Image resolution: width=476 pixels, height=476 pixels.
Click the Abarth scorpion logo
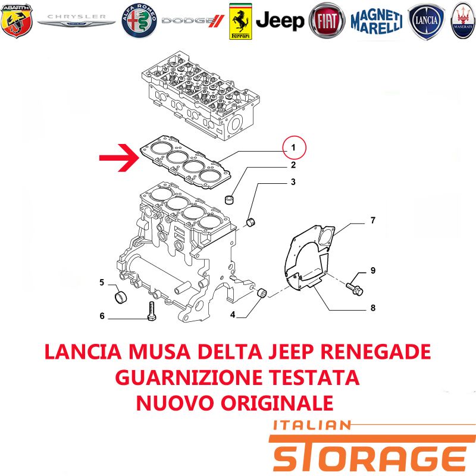(17, 21)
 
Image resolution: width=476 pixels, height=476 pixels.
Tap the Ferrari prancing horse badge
(240, 21)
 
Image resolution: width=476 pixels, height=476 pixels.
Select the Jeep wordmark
(280, 21)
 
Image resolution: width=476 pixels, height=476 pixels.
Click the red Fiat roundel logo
(327, 21)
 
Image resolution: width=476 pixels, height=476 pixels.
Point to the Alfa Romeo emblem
(139, 21)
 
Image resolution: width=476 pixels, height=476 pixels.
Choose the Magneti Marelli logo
(377, 21)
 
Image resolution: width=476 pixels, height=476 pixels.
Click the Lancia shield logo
(426, 21)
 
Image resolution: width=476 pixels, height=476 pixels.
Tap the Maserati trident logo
(464, 21)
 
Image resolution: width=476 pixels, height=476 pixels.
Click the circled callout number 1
(294, 148)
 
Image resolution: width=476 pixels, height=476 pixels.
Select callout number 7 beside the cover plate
(373, 220)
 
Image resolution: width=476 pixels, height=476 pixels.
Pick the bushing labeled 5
(121, 297)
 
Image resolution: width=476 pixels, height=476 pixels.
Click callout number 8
(373, 308)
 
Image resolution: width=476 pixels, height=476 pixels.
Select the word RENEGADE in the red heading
(375, 352)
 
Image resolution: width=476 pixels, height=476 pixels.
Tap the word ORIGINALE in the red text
(277, 403)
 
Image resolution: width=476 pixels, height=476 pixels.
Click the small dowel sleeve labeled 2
(230, 200)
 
